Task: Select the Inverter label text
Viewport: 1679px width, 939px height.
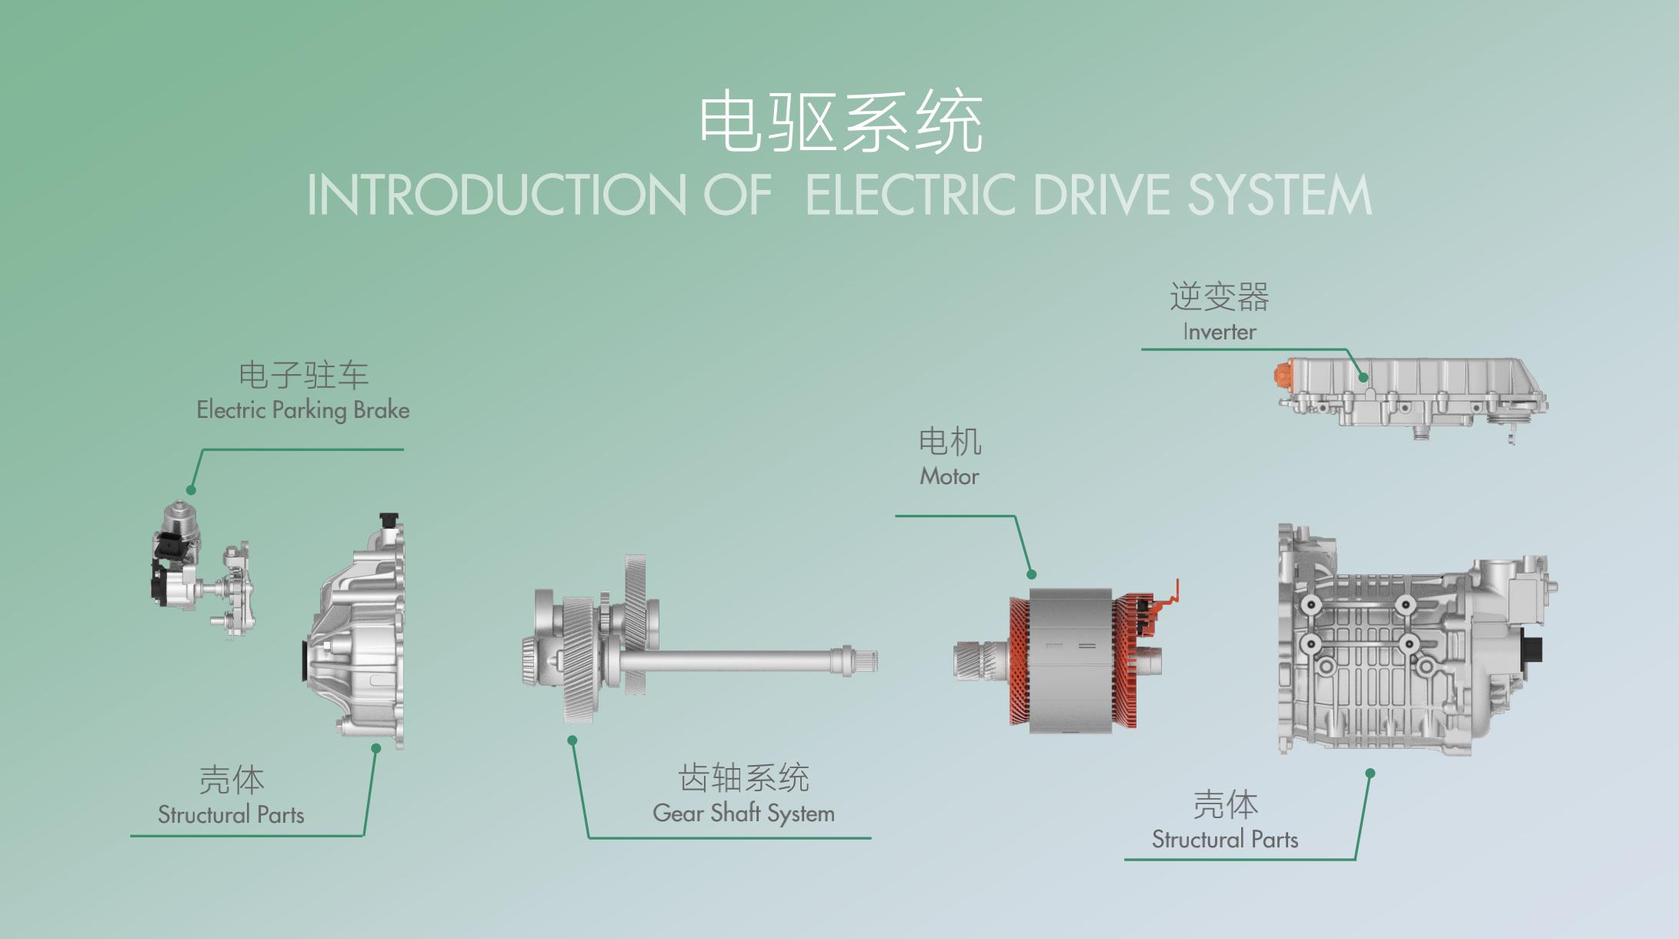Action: (x=1220, y=332)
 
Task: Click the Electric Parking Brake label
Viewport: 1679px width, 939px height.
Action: (x=303, y=409)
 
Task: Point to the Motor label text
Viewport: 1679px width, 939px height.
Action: (x=950, y=476)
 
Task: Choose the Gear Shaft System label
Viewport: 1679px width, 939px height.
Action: (x=743, y=813)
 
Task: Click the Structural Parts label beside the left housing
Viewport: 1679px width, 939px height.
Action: (x=231, y=814)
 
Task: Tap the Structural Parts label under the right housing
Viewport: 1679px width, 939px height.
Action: (x=1225, y=839)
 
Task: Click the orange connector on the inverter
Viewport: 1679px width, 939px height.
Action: (x=1282, y=375)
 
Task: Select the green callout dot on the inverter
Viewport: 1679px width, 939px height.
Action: (x=1363, y=377)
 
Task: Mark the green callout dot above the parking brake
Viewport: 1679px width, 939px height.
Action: (x=191, y=490)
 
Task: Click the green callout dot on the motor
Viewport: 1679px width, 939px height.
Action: (x=1032, y=574)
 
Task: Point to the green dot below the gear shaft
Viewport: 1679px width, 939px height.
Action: (x=572, y=740)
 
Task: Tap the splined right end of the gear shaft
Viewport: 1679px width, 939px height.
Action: (x=863, y=660)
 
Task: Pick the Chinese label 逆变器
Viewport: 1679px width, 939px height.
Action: (x=1220, y=297)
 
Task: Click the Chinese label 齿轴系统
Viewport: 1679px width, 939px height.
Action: (x=743, y=778)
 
